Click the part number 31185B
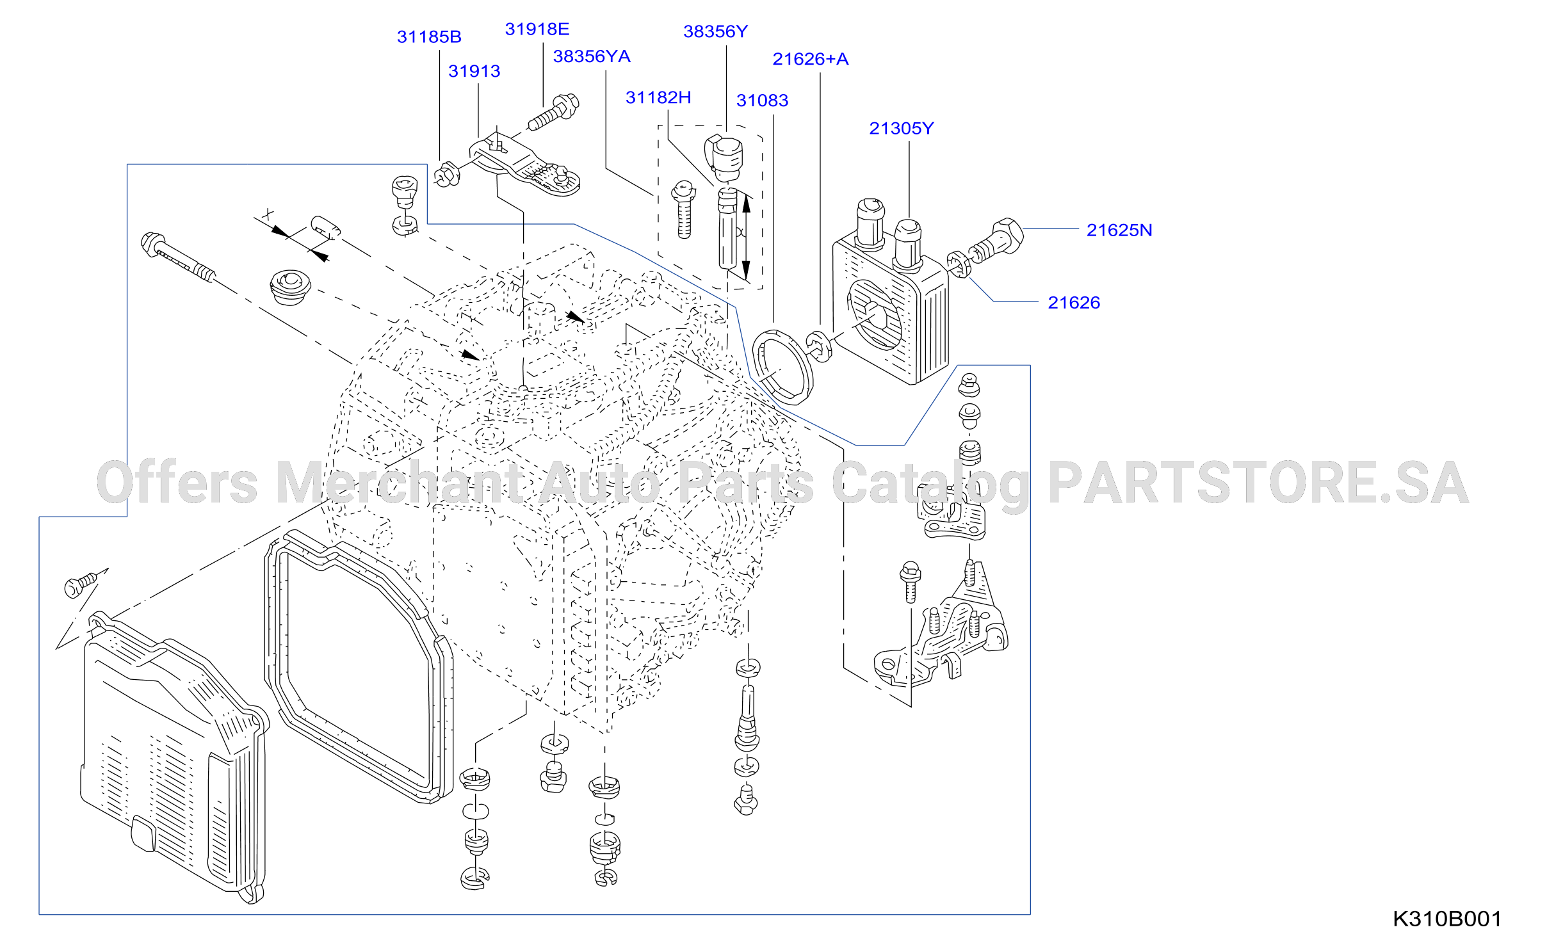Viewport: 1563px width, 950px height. pos(429,37)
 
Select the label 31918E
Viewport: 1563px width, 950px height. pos(537,29)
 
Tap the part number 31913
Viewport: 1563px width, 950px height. pos(474,71)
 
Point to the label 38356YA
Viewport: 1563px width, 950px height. pos(592,57)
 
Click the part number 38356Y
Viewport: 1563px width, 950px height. pos(716,31)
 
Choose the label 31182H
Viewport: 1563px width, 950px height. pos(658,98)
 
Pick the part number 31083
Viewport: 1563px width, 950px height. pos(762,101)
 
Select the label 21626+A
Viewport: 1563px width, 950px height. pos(811,59)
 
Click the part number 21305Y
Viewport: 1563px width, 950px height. pos(902,129)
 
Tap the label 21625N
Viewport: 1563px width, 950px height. pos(1119,230)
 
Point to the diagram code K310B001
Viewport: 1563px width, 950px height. pos(1447,919)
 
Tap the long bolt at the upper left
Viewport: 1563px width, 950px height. pos(178,257)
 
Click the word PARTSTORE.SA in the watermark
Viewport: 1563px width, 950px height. pos(1258,483)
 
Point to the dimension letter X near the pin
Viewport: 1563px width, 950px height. pos(268,215)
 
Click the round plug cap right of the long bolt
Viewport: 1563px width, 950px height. pos(291,287)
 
